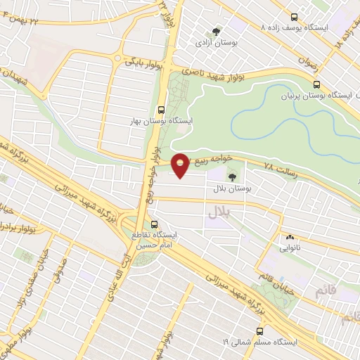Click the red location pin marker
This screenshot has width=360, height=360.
[x=181, y=165]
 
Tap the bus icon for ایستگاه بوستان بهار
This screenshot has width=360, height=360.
[x=162, y=110]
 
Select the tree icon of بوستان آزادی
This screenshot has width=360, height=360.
[x=217, y=31]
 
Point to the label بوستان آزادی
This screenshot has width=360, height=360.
[x=217, y=43]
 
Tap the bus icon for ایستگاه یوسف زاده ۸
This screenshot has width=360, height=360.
[x=294, y=16]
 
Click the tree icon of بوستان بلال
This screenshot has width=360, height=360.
[x=233, y=177]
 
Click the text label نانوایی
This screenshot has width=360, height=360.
[x=290, y=248]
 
